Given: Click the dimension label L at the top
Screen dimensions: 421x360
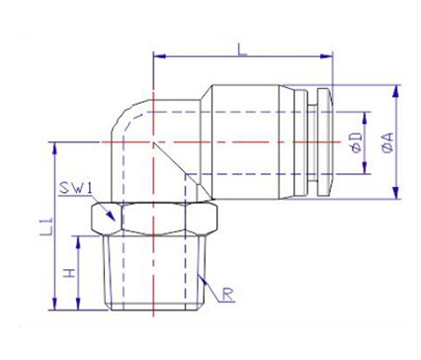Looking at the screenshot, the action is tap(242, 49).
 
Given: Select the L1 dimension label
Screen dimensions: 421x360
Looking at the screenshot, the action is tap(45, 226).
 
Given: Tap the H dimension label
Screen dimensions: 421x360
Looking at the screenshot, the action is tap(69, 273).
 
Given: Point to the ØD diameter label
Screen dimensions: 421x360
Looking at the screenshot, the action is tap(357, 142).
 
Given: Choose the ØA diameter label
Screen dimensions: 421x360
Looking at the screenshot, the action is tap(388, 142).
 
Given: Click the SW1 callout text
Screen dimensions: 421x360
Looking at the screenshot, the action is tap(75, 189).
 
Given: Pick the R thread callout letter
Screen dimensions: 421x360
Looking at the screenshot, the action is tap(228, 294).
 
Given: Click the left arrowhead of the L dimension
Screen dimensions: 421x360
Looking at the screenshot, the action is tap(159, 56).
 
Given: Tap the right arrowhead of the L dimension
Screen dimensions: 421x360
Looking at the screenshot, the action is tap(326, 56).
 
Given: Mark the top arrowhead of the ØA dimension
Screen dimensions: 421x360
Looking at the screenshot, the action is tap(395, 91).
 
